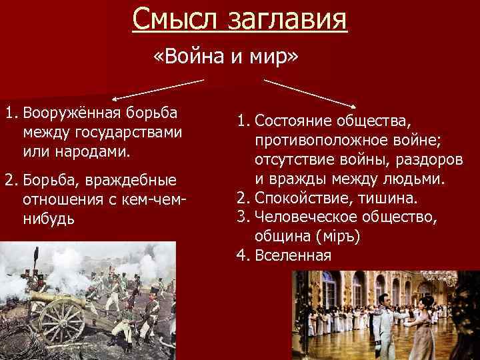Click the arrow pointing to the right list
(x=311, y=93)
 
